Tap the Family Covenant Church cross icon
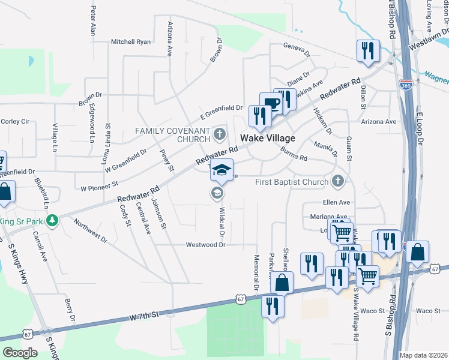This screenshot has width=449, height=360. (220, 133)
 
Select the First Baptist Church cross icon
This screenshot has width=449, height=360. (338, 181)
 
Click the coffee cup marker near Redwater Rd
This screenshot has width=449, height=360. (271, 103)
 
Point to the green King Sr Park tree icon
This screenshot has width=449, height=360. (52, 221)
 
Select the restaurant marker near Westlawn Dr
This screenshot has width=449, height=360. (367, 50)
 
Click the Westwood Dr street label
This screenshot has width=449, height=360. (205, 245)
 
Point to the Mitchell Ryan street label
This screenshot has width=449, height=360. (131, 42)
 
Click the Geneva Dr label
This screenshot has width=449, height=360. (295, 48)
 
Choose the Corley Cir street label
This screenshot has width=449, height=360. (15, 122)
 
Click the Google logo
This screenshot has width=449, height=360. (20, 353)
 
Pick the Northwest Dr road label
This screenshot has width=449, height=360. (91, 231)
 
